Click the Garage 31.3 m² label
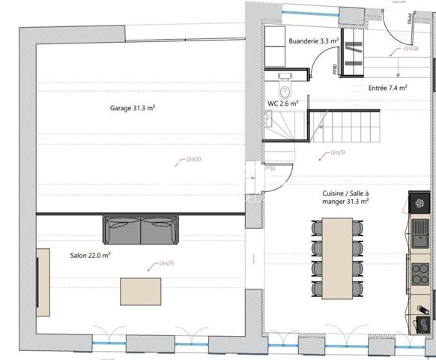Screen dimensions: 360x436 [x=133, y=108]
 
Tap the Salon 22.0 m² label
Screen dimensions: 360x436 [x=91, y=256]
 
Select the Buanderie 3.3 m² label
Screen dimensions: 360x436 [x=313, y=41]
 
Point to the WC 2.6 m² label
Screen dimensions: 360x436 [x=283, y=103]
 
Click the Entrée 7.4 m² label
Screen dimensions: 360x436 [x=387, y=88]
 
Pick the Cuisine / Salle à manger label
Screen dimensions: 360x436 [x=341, y=197]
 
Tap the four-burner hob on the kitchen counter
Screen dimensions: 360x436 [x=420, y=275]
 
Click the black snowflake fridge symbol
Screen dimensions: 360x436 [x=420, y=202]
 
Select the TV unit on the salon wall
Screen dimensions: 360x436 [x=43, y=281]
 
